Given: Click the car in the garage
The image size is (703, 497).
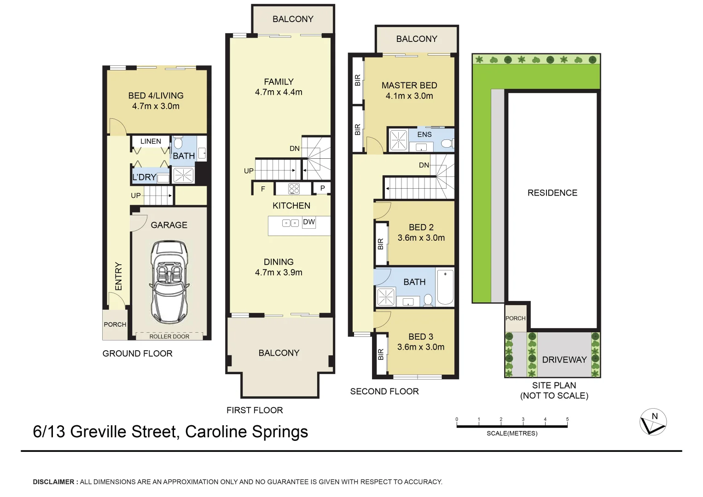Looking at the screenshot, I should click(169, 281).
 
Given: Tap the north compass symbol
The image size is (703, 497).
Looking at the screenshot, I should click(653, 422).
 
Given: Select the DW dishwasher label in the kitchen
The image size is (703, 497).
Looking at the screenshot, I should click(309, 222).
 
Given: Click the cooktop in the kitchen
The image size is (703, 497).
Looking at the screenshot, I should click(294, 189).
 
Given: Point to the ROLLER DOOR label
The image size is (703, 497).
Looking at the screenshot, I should click(169, 336).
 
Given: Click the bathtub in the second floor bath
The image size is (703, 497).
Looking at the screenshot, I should click(445, 287).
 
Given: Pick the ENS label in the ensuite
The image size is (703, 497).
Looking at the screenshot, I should click(424, 134).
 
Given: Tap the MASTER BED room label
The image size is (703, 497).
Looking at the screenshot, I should click(409, 86).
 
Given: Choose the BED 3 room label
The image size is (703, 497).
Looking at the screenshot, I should click(420, 337).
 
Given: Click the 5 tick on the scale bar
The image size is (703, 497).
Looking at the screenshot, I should click(567, 419).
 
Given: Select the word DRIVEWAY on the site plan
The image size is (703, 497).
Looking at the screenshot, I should click(564, 360).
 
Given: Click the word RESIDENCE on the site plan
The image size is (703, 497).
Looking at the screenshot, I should click(552, 193).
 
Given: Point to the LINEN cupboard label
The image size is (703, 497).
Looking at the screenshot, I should click(151, 141).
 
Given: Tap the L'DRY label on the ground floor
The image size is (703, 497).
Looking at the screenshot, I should click(144, 177).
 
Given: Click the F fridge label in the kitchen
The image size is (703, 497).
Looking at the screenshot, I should click(263, 189).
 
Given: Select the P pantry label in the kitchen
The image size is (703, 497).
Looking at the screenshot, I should click(322, 188).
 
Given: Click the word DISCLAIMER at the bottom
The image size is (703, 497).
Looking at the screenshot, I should click(53, 482).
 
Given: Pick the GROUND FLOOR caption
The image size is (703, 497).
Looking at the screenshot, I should click(137, 353).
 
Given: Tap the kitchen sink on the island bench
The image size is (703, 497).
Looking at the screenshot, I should click(290, 223).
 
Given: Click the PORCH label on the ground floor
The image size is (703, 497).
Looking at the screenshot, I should click(115, 324).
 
